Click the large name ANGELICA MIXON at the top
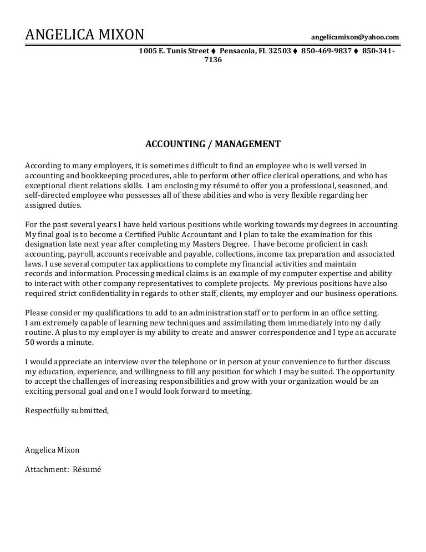click(84, 35)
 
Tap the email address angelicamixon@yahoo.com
click(355, 37)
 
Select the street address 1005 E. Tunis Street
click(174, 51)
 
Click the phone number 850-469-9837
click(326, 51)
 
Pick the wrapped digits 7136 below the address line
click(213, 59)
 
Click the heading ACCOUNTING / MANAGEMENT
click(213, 144)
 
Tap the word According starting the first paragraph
click(43, 165)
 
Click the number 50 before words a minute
click(30, 342)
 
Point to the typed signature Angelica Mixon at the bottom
click(52, 450)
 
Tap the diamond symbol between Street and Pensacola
click(214, 51)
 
